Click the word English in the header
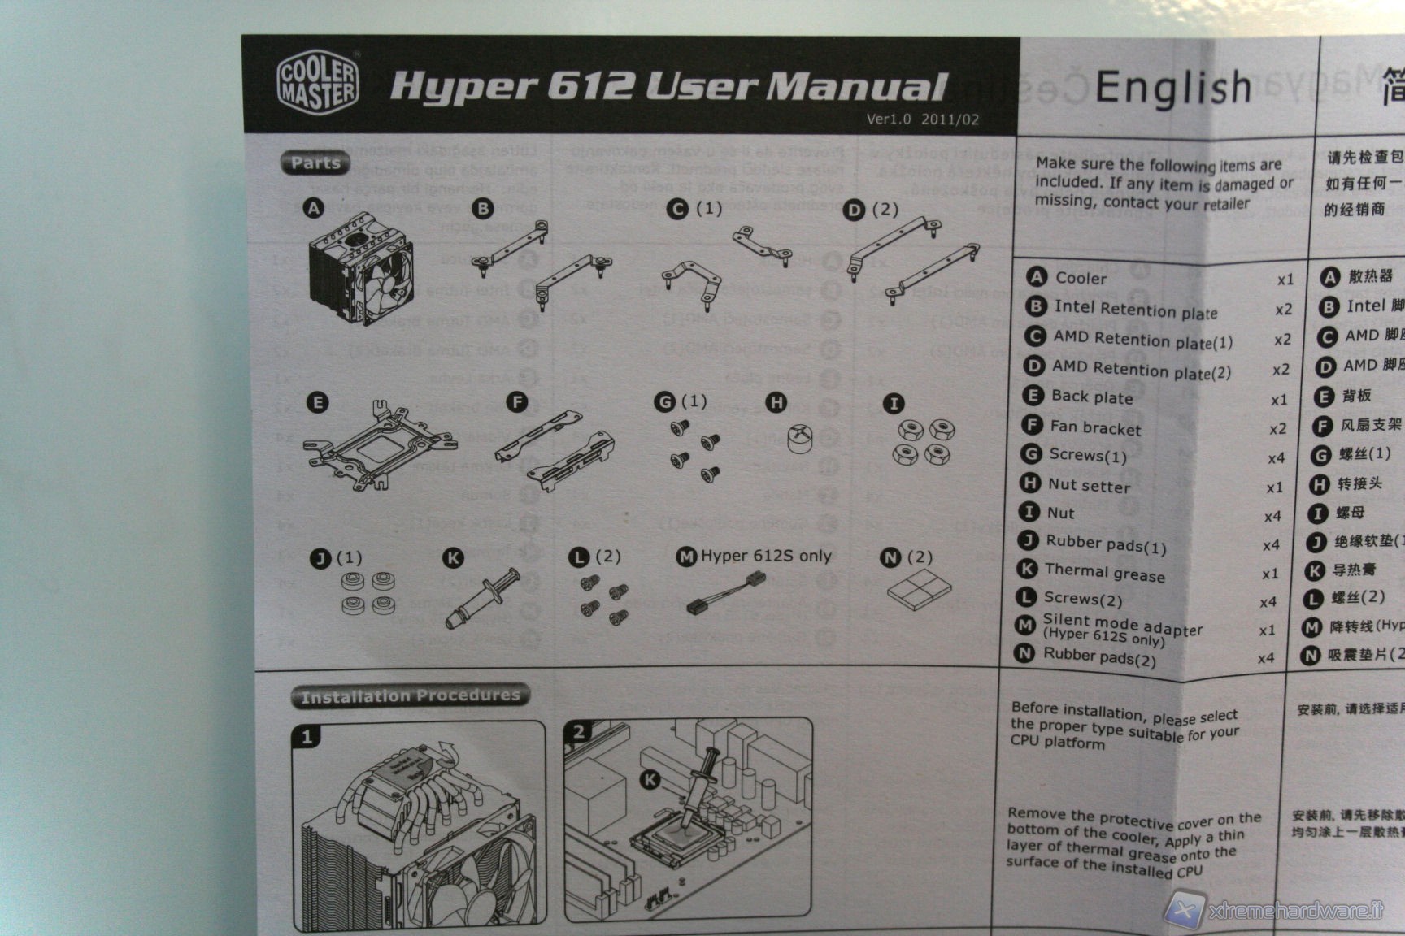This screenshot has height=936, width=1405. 1172,88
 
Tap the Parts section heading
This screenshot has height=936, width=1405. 315,162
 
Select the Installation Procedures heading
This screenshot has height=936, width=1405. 410,695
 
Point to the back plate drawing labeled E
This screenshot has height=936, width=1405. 379,445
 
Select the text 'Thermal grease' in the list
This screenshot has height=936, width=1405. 1104,573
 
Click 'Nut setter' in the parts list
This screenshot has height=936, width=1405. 1089,486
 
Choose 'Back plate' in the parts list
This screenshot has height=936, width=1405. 1091,397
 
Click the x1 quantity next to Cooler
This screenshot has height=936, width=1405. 1285,279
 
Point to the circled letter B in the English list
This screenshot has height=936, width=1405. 1036,306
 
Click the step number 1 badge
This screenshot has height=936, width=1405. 307,737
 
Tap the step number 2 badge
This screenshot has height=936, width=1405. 578,732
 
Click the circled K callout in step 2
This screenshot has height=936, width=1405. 650,780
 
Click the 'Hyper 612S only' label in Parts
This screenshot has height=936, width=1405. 766,556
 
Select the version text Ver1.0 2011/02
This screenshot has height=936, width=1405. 922,119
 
